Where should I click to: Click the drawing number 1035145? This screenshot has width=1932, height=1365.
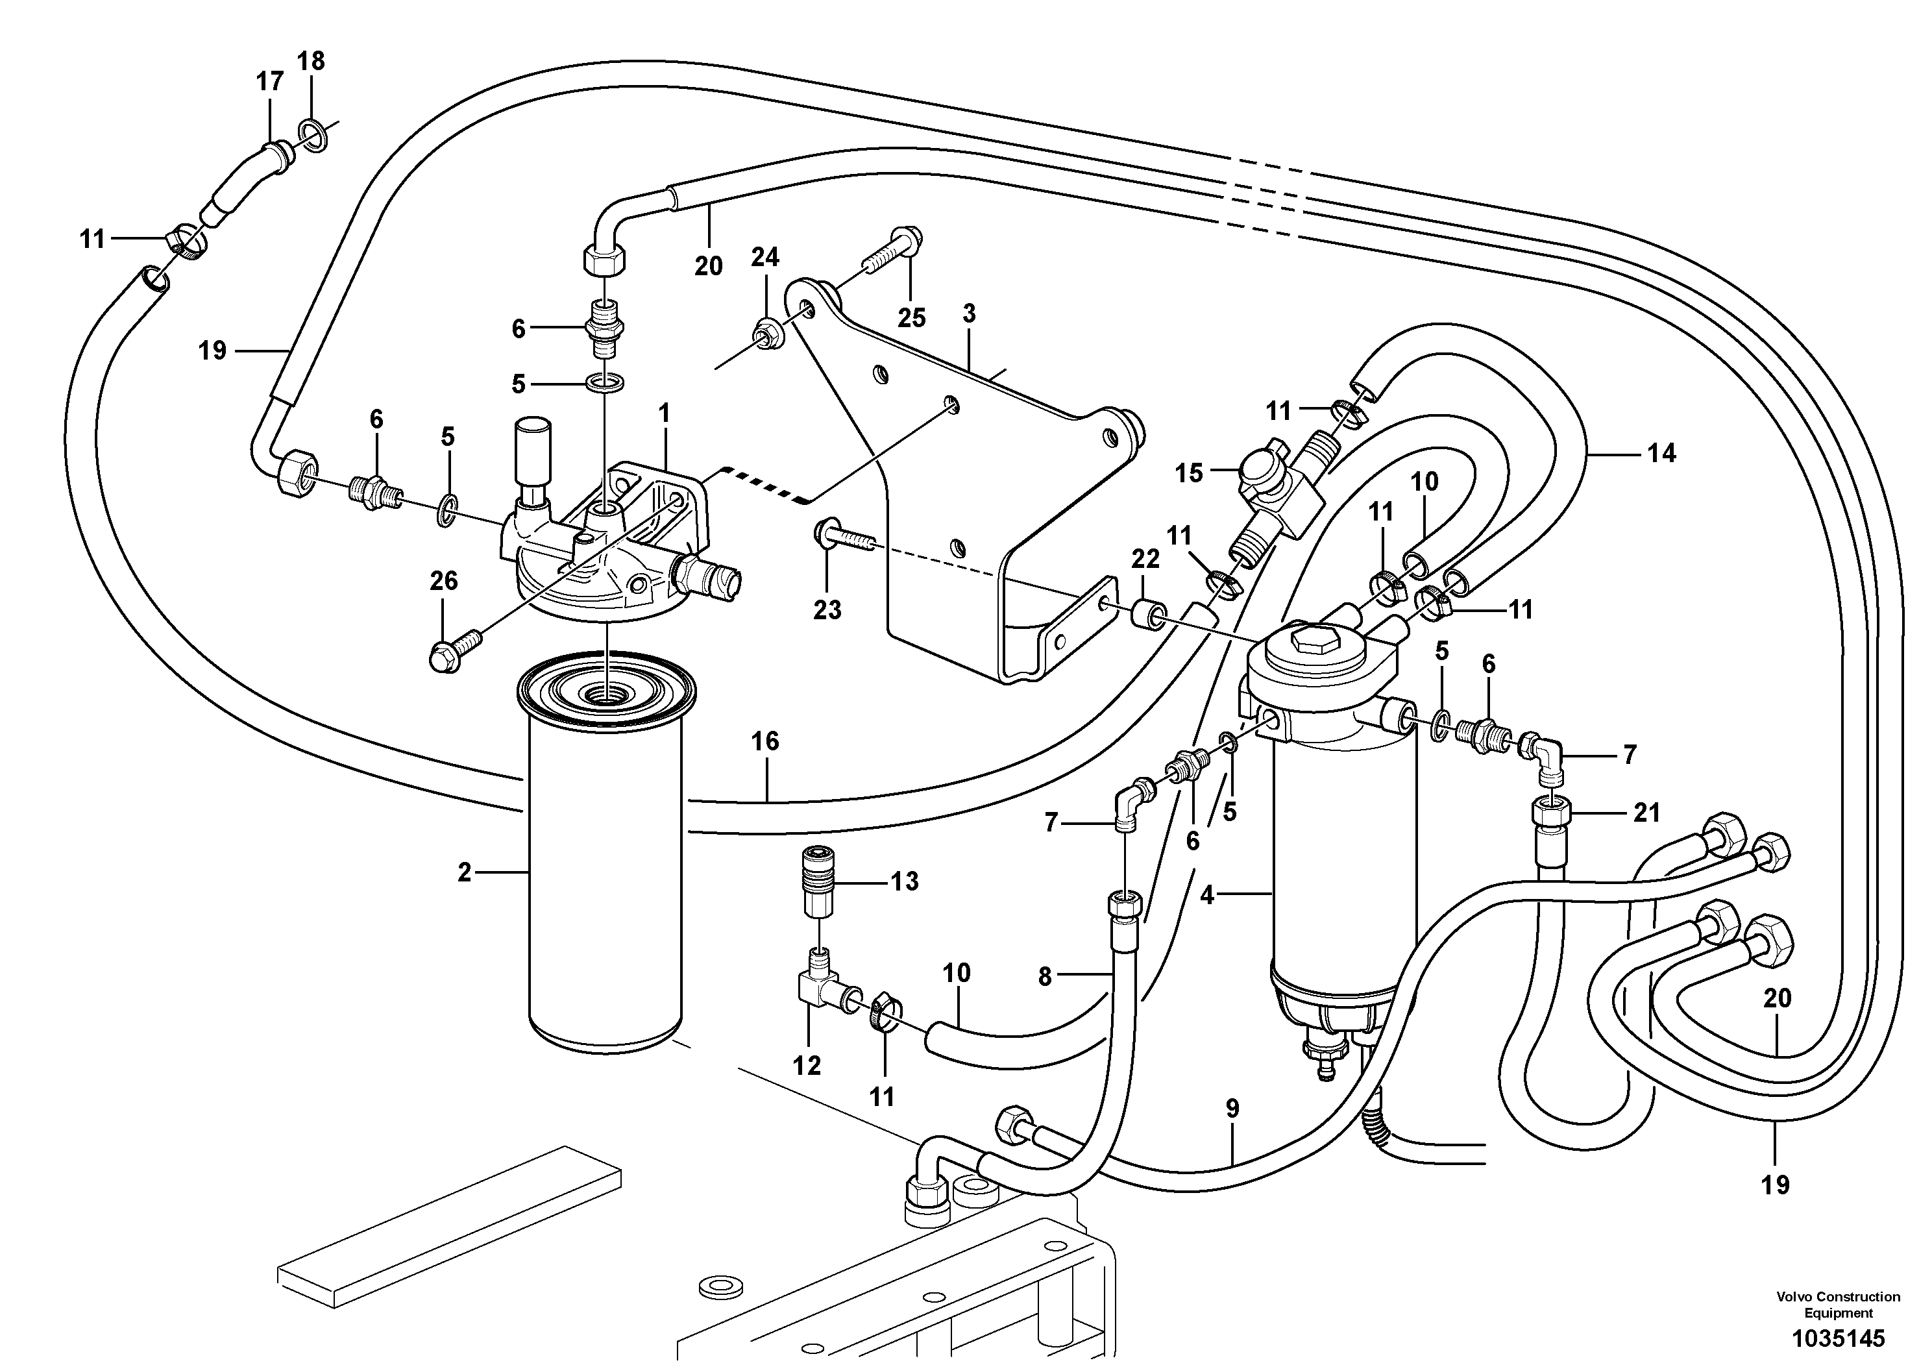tap(1838, 1338)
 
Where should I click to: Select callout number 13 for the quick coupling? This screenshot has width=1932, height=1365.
tap(905, 882)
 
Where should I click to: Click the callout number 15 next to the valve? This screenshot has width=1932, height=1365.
tap(1189, 473)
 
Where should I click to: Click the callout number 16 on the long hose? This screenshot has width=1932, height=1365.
tap(765, 741)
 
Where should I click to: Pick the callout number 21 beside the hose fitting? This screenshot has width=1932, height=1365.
tap(1646, 812)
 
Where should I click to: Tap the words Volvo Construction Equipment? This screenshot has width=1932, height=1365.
tap(1838, 1305)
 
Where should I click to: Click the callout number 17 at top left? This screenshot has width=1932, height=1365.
tap(269, 82)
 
